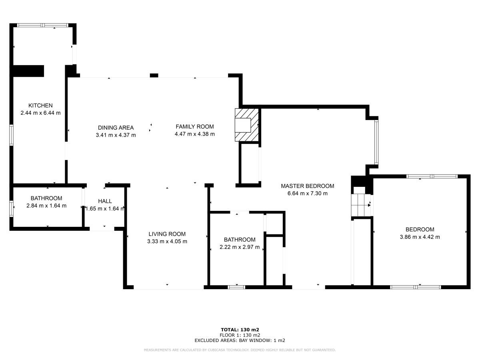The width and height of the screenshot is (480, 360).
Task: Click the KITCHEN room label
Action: click(x=40, y=106)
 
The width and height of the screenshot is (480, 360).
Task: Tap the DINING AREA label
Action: click(x=116, y=128)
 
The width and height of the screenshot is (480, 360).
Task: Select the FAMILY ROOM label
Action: click(x=194, y=126)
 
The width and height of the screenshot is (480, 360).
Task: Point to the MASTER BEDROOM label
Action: click(x=307, y=186)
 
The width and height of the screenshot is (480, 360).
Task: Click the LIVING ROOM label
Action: click(x=167, y=234)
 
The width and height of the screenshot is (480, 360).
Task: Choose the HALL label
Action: click(x=105, y=201)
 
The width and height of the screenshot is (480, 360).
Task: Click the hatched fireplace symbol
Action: click(x=247, y=124)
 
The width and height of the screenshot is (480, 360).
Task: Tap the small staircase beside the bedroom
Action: click(x=360, y=204)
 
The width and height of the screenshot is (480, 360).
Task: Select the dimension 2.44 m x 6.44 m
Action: click(x=40, y=113)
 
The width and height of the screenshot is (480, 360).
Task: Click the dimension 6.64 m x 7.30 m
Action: click(x=307, y=194)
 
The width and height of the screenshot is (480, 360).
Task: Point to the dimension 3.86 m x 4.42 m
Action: click(x=420, y=237)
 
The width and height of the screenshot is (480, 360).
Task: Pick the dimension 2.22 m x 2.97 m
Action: click(x=239, y=247)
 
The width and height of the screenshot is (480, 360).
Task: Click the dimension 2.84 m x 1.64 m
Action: click(x=46, y=206)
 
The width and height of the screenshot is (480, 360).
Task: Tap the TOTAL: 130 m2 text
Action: click(x=240, y=330)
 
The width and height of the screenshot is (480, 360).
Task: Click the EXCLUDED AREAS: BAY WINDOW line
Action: click(x=240, y=340)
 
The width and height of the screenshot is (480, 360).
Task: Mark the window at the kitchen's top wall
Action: click(x=42, y=25)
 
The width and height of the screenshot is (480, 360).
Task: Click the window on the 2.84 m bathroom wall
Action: click(x=12, y=208)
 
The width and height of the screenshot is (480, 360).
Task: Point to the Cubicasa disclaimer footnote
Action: click(x=240, y=350)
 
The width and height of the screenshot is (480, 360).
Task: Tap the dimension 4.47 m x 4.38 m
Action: click(x=194, y=134)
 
